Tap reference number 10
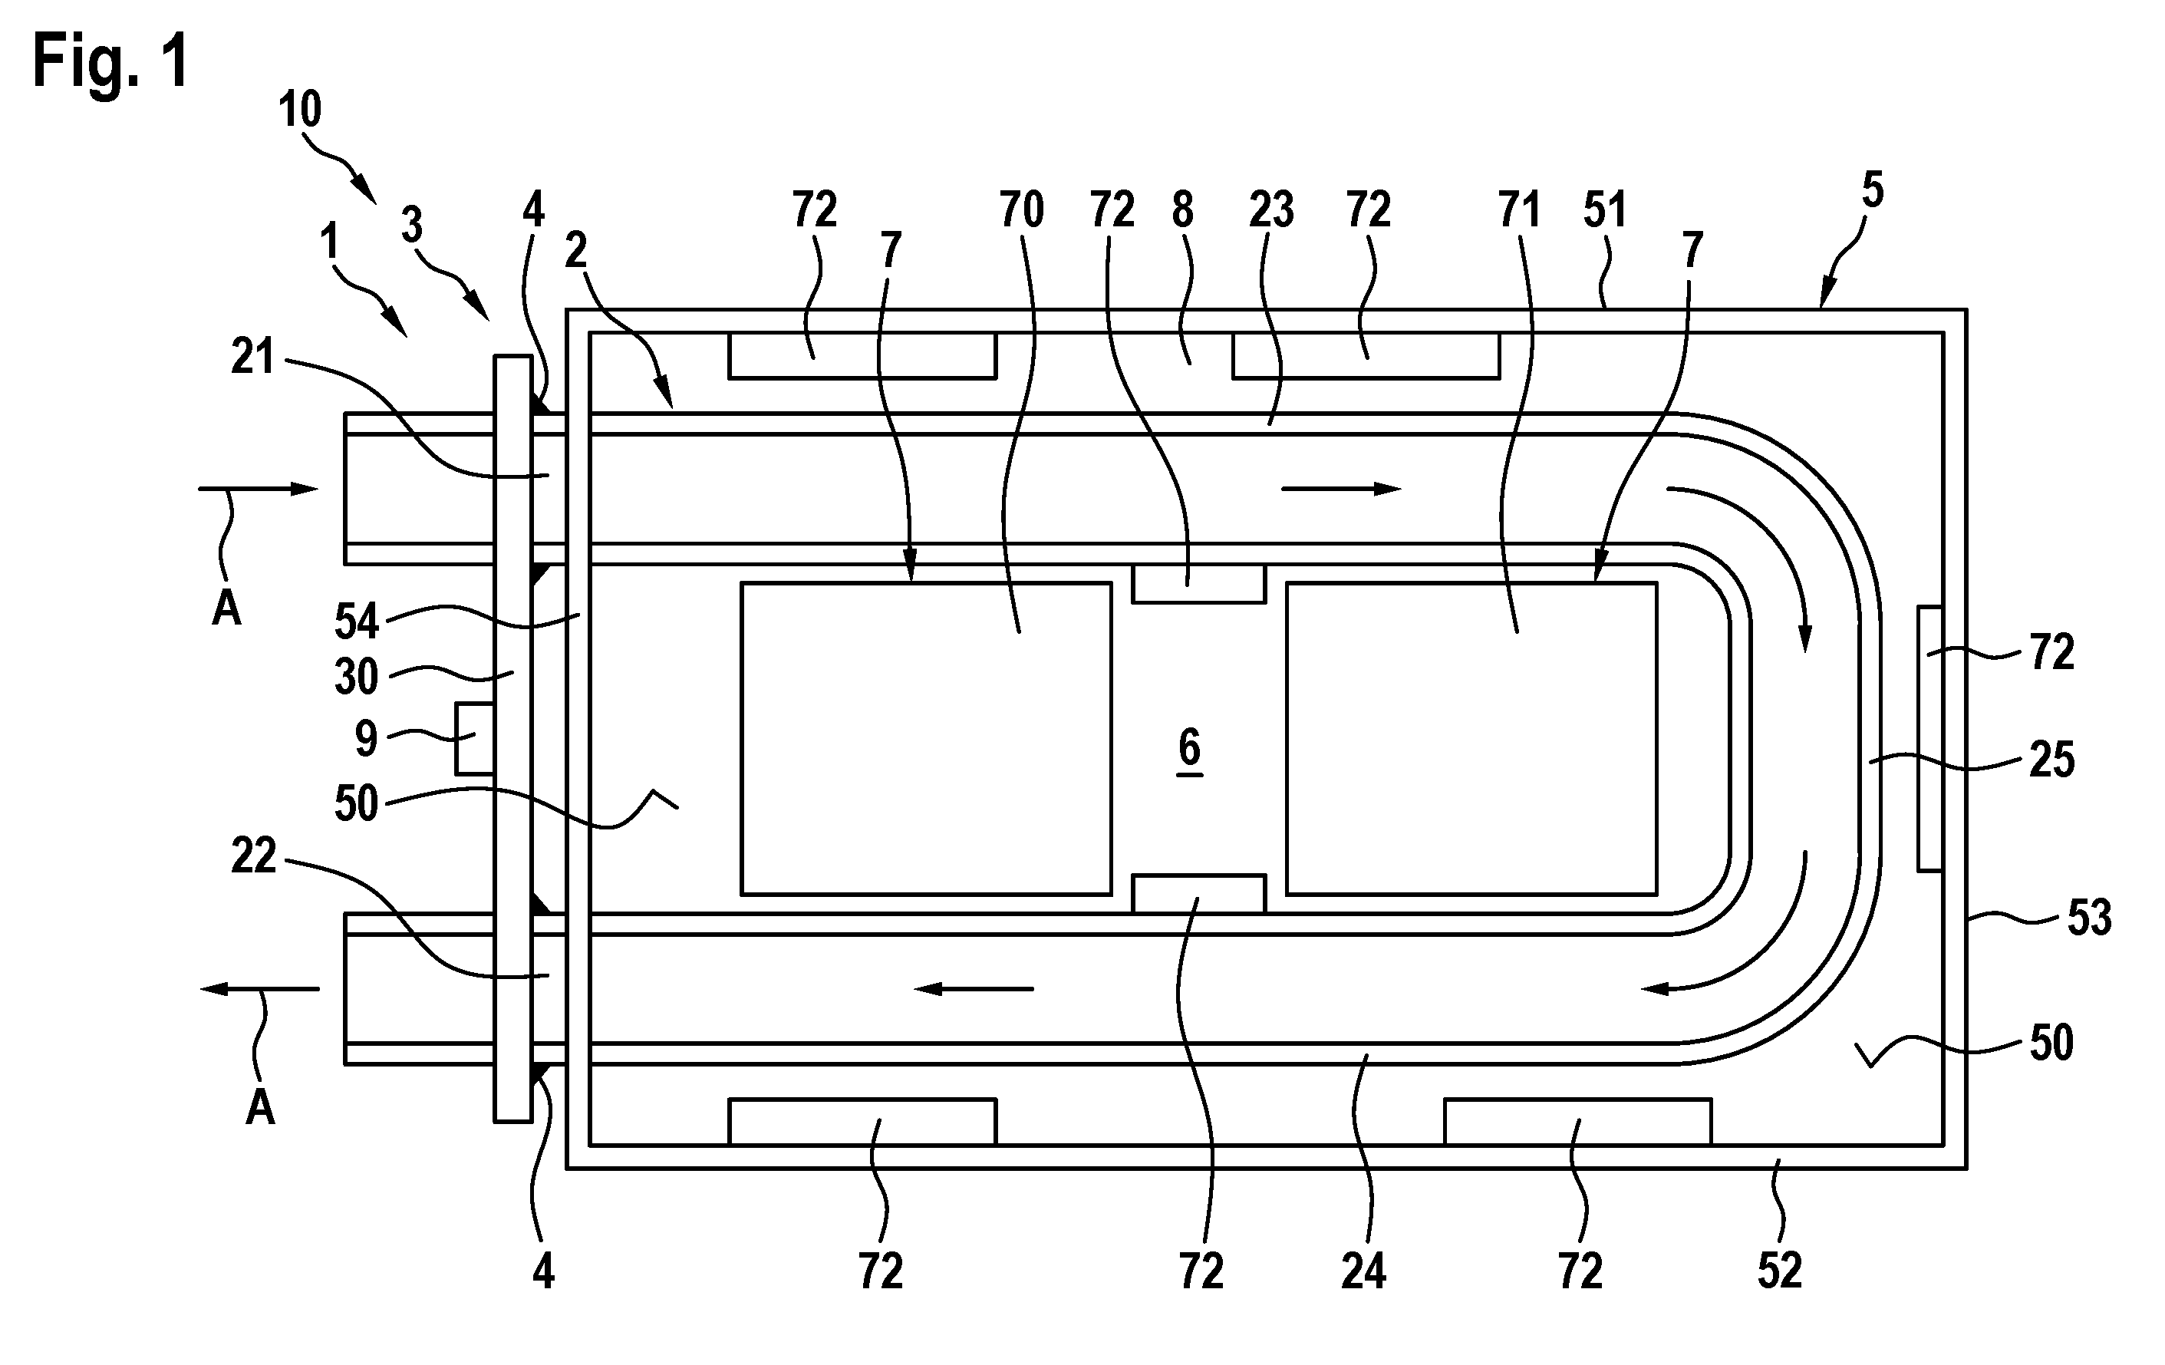(299, 110)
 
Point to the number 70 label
(1021, 209)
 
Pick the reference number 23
(1271, 209)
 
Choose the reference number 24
(1363, 1271)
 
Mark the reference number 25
(2051, 760)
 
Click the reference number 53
(2088, 918)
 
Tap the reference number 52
(1780, 1271)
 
